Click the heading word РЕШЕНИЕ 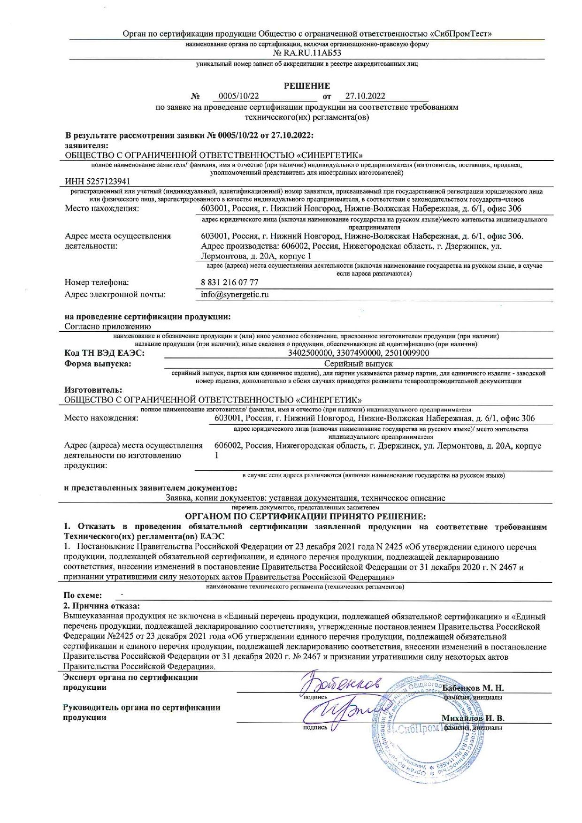(x=307, y=86)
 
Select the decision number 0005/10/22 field (x=239, y=96)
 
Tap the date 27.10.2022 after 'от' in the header (x=365, y=96)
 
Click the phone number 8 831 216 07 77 (x=230, y=282)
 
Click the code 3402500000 (x=310, y=353)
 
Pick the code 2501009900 (x=406, y=353)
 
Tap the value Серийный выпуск (x=359, y=364)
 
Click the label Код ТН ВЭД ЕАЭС (x=104, y=353)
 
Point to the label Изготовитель (x=93, y=390)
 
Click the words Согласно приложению (x=107, y=327)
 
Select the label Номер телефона (x=97, y=282)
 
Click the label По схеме (x=83, y=595)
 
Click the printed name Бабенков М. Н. (x=473, y=688)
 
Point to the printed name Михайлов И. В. (x=473, y=718)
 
